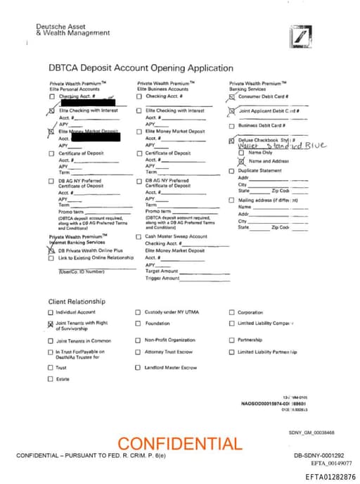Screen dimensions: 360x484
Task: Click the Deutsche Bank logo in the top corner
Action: (x=300, y=36)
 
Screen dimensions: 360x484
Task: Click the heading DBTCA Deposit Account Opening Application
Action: (x=141, y=68)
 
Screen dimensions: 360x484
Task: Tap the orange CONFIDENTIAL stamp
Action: (x=179, y=444)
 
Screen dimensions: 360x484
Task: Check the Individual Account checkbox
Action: (x=51, y=312)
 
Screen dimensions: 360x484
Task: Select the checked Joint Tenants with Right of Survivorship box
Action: (x=51, y=324)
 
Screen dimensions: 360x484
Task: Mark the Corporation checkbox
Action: (x=232, y=312)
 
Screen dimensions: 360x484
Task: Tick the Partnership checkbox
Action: (x=232, y=340)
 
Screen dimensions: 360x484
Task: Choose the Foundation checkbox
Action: (x=139, y=324)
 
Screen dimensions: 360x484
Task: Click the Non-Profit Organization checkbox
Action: (x=139, y=340)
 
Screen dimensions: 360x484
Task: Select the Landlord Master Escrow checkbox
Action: (x=139, y=367)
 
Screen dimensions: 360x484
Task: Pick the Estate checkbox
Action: (x=51, y=379)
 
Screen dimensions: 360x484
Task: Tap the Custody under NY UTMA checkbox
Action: (x=139, y=312)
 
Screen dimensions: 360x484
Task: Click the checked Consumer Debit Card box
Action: (x=232, y=96)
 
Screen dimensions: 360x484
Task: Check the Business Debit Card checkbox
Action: (x=232, y=126)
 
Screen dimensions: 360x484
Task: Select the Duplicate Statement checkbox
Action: (x=232, y=170)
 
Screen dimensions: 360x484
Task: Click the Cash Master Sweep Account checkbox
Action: (x=139, y=237)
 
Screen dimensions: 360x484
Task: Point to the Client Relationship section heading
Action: (x=77, y=300)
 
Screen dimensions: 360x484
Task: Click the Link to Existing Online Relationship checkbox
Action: (x=51, y=257)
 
